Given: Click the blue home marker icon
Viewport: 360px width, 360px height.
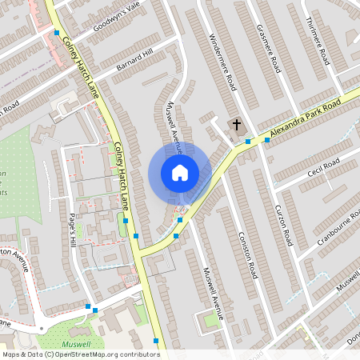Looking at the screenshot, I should point(180,172).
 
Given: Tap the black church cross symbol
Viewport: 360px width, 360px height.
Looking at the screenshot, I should point(236,124).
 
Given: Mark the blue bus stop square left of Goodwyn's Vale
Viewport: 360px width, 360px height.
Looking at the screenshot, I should point(57,33).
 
